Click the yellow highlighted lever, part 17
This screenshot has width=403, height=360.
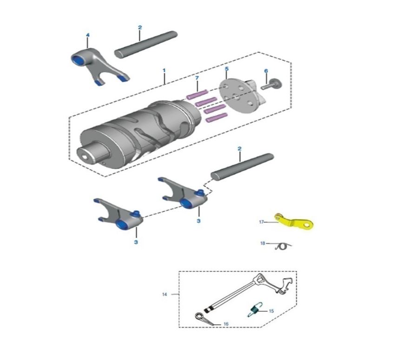coord(293,222)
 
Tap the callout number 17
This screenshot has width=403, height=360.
coord(261,222)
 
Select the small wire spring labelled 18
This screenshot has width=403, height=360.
coord(283,247)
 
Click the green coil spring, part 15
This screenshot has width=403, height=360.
coord(255,309)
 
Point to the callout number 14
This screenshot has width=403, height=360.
coord(165,294)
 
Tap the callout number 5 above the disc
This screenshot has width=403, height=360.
coord(226,69)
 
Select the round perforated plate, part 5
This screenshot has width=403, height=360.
coord(238,95)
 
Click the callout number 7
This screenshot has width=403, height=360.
coord(197,78)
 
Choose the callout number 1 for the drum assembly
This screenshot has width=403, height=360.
coord(164,70)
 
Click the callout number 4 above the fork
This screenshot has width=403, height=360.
coord(88,35)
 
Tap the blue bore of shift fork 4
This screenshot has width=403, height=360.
coord(78,60)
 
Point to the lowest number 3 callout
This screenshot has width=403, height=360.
coord(136,242)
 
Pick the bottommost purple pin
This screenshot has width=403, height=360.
coord(217,118)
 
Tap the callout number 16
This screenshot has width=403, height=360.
coord(226,324)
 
